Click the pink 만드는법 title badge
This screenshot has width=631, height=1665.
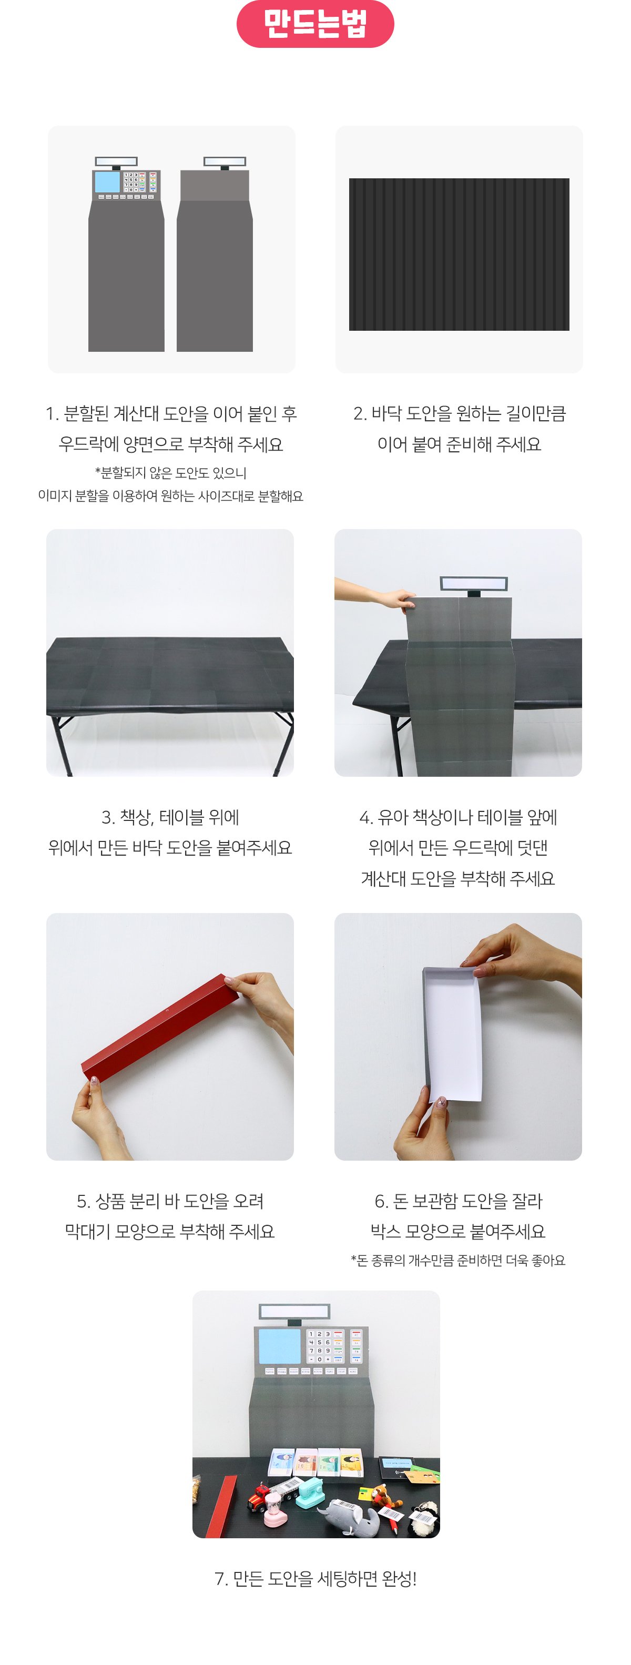(x=315, y=23)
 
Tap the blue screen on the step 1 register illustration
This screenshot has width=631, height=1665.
(x=107, y=181)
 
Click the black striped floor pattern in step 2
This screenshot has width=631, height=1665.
(x=459, y=254)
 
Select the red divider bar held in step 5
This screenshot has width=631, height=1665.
(x=160, y=1027)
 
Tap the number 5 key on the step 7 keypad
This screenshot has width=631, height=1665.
(x=319, y=1343)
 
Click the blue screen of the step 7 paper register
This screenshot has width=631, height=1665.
(x=279, y=1346)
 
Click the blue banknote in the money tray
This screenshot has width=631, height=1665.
(x=281, y=1462)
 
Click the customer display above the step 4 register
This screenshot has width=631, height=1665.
(x=474, y=584)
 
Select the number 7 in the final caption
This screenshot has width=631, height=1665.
(x=219, y=1579)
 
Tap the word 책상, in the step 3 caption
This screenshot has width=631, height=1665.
(x=136, y=818)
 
